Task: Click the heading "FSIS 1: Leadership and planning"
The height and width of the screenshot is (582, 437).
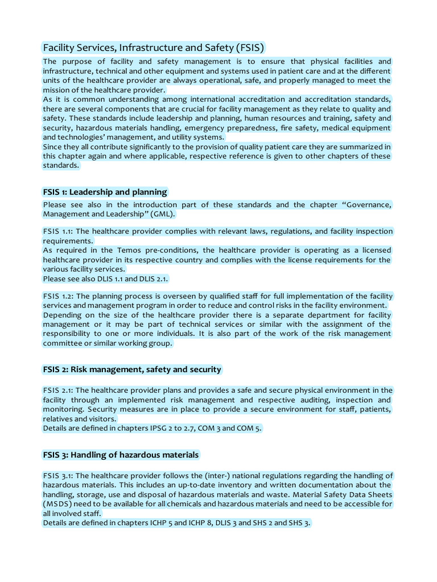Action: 105,192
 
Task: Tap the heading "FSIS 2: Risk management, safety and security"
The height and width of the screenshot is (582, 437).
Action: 131,369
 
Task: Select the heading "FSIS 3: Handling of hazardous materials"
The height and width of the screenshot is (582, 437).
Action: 121,455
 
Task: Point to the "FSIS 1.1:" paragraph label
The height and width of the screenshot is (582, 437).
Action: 58,231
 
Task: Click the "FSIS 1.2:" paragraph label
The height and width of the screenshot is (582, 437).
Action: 58,296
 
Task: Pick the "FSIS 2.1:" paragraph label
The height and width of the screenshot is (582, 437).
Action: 58,390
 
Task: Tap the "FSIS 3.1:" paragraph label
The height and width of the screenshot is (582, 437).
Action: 58,476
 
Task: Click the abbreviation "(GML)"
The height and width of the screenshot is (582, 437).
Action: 163,214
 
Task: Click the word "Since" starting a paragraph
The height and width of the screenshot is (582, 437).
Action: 53,147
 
